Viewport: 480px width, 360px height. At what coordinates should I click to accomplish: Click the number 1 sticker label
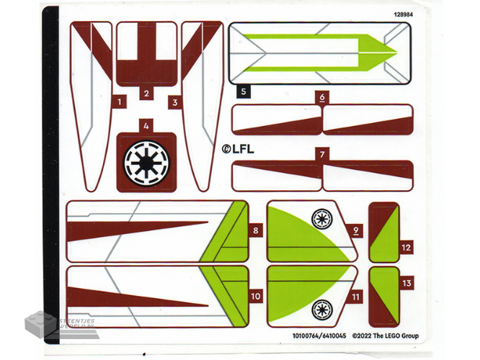(119, 102)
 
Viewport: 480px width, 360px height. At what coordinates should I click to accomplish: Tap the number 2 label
(146, 94)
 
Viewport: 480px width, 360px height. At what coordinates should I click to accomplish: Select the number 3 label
(174, 102)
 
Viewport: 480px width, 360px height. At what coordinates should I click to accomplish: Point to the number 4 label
(146, 125)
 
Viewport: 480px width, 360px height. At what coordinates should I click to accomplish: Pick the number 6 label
(321, 97)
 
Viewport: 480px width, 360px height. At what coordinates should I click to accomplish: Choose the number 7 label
(322, 153)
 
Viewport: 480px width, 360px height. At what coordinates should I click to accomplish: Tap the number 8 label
(256, 231)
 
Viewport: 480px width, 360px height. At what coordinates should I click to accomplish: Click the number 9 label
(355, 231)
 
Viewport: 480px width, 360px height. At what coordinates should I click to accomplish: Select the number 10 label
(256, 296)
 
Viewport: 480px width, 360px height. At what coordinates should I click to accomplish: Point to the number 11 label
(355, 296)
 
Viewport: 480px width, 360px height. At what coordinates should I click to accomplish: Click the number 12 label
(406, 247)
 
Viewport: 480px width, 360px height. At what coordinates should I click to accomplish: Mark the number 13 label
(406, 284)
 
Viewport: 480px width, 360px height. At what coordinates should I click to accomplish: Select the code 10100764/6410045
(319, 336)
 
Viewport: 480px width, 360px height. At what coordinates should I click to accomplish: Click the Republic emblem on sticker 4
(146, 163)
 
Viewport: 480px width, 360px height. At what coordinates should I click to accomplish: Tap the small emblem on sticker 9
(320, 217)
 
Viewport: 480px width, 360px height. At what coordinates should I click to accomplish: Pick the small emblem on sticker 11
(320, 310)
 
